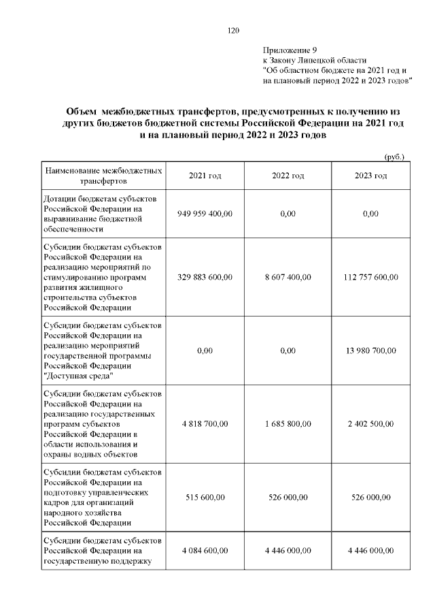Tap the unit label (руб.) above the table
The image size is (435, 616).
(x=394, y=157)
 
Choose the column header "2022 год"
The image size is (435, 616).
(x=288, y=176)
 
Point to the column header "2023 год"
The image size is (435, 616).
(x=371, y=176)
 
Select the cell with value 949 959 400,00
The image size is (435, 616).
(x=205, y=214)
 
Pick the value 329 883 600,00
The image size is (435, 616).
(x=205, y=277)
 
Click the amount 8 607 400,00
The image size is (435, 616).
(x=288, y=277)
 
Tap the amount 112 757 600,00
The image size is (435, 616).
(x=371, y=277)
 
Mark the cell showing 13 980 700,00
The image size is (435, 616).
(x=371, y=351)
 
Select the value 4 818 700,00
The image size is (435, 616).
(x=205, y=423)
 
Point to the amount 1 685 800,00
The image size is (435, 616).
(x=288, y=423)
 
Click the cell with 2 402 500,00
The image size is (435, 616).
(x=371, y=423)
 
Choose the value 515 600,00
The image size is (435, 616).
(x=205, y=498)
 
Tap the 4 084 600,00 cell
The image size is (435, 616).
(x=205, y=551)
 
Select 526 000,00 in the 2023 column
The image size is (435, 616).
(x=371, y=498)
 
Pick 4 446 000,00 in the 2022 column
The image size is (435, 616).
(x=288, y=551)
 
